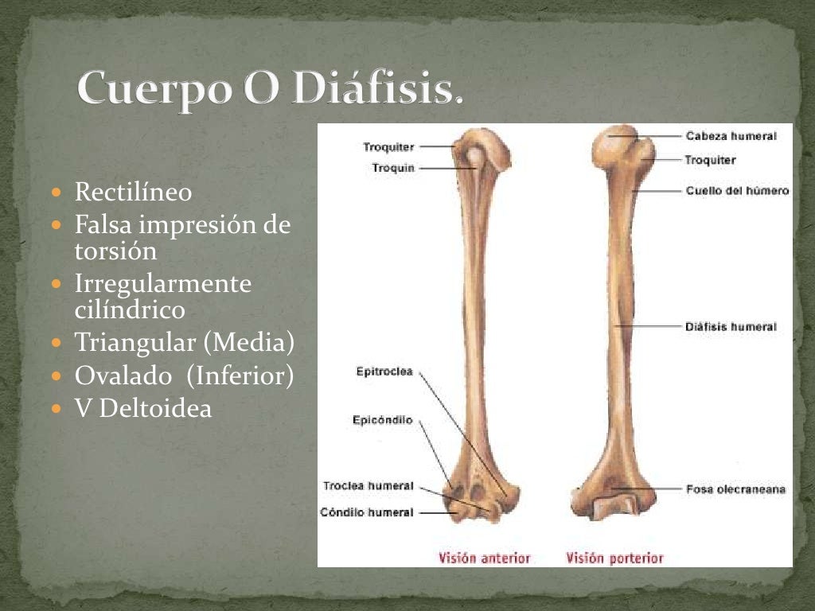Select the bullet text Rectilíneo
click(x=133, y=192)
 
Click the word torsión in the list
click(x=115, y=251)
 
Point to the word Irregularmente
click(x=162, y=283)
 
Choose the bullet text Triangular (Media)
click(x=184, y=343)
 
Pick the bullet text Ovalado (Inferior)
click(x=184, y=375)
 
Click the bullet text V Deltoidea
click(x=143, y=409)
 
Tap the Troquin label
click(x=393, y=168)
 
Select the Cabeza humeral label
click(x=731, y=136)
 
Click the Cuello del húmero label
click(x=737, y=191)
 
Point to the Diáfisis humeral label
click(x=731, y=326)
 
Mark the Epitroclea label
click(x=384, y=371)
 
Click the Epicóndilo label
click(x=382, y=420)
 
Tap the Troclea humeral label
click(x=368, y=485)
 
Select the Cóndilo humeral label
click(x=366, y=512)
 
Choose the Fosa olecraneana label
click(x=735, y=488)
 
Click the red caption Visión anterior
click(x=484, y=558)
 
